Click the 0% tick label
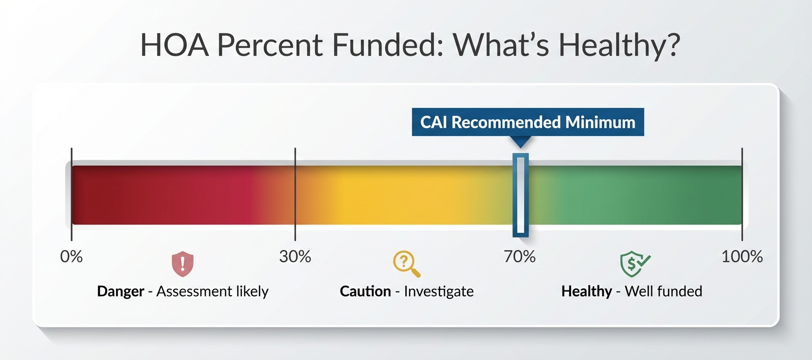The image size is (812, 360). (72, 257)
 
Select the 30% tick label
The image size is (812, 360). (295, 257)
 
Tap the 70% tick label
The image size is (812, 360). (520, 257)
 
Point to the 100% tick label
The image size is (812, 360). (741, 257)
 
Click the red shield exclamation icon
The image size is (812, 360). (183, 265)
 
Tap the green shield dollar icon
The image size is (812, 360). (634, 264)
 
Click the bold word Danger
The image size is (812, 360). (120, 291)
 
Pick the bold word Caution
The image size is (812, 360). (365, 291)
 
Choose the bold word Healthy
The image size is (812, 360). (586, 291)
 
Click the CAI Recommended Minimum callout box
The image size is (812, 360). (527, 122)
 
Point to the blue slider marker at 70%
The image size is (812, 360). (520, 195)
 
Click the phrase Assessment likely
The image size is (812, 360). (212, 291)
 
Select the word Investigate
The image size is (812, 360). (438, 291)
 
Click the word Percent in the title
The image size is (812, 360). (269, 47)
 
